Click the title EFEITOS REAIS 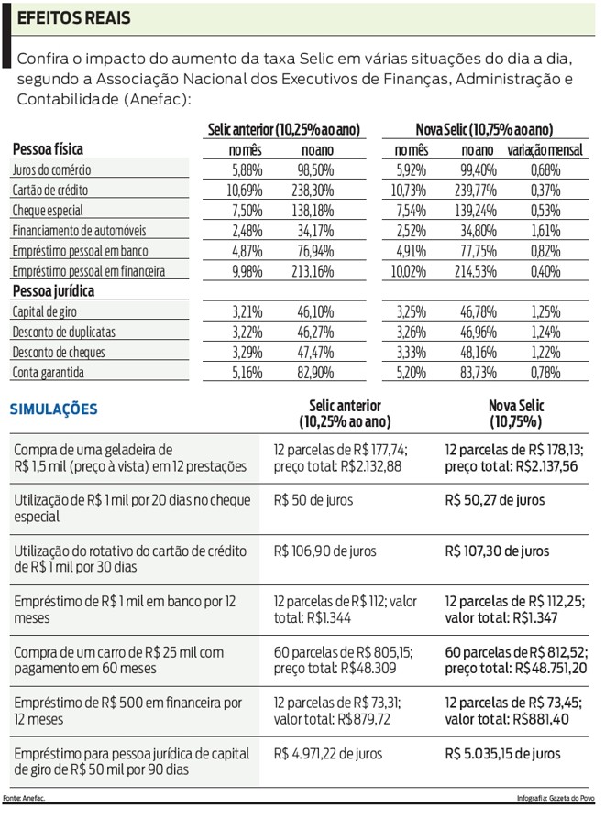pos(74,18)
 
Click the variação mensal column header pos(545,149)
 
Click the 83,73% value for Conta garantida pos(478,373)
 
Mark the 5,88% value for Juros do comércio pos(247,170)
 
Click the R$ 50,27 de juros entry pos(494,500)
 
